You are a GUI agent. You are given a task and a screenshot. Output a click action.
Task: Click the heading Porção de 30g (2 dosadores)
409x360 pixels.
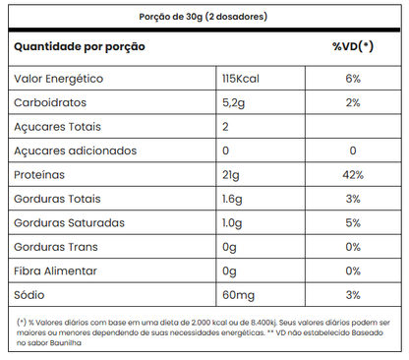204,18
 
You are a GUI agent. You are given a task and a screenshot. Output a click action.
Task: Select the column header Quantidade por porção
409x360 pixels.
79,46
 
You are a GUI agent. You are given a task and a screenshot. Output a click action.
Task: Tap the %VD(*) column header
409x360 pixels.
353,46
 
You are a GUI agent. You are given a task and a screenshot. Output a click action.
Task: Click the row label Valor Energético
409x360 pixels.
58,79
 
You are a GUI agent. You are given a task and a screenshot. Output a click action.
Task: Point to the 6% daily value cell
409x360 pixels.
353,79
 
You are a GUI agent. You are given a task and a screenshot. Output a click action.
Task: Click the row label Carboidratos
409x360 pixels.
51,102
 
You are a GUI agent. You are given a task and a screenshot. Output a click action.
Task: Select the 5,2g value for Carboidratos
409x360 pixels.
236,102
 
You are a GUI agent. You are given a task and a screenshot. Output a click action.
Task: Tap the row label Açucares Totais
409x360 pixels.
57,127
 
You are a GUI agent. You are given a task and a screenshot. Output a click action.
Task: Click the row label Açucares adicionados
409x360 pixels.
74,150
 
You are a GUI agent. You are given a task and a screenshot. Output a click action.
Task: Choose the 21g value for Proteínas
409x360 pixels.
231,175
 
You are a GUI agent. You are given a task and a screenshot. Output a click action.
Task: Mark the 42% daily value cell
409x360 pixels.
353,175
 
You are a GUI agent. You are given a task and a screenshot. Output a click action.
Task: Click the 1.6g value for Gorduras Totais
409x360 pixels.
234,199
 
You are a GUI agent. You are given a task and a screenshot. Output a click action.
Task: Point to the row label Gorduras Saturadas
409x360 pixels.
68,222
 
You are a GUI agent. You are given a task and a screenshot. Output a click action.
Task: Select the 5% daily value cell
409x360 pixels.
353,222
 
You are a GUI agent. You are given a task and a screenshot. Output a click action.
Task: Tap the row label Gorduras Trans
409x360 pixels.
57,247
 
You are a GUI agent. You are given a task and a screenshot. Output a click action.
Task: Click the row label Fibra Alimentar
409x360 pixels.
58,270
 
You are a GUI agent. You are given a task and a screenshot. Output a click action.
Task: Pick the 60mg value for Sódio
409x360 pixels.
238,294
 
